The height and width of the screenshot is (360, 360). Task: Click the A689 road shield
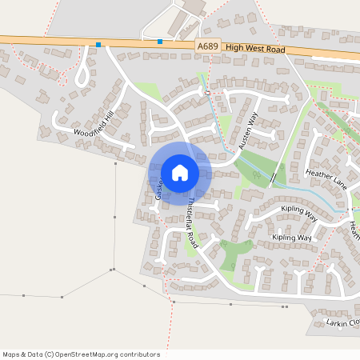click(x=207, y=47)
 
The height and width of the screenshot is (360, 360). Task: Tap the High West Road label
click(x=255, y=49)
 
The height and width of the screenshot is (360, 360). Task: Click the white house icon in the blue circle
click(x=179, y=172)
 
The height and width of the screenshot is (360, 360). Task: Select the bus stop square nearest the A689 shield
click(x=160, y=42)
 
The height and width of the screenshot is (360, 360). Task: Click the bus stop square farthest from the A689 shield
click(x=98, y=45)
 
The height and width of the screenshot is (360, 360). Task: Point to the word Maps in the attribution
click(x=11, y=354)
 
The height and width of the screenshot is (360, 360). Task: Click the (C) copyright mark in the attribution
click(x=49, y=354)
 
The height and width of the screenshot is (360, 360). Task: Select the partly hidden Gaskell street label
click(x=159, y=190)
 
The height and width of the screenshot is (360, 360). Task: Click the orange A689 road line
click(x=48, y=41)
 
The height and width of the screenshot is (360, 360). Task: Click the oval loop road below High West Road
click(x=81, y=74)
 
